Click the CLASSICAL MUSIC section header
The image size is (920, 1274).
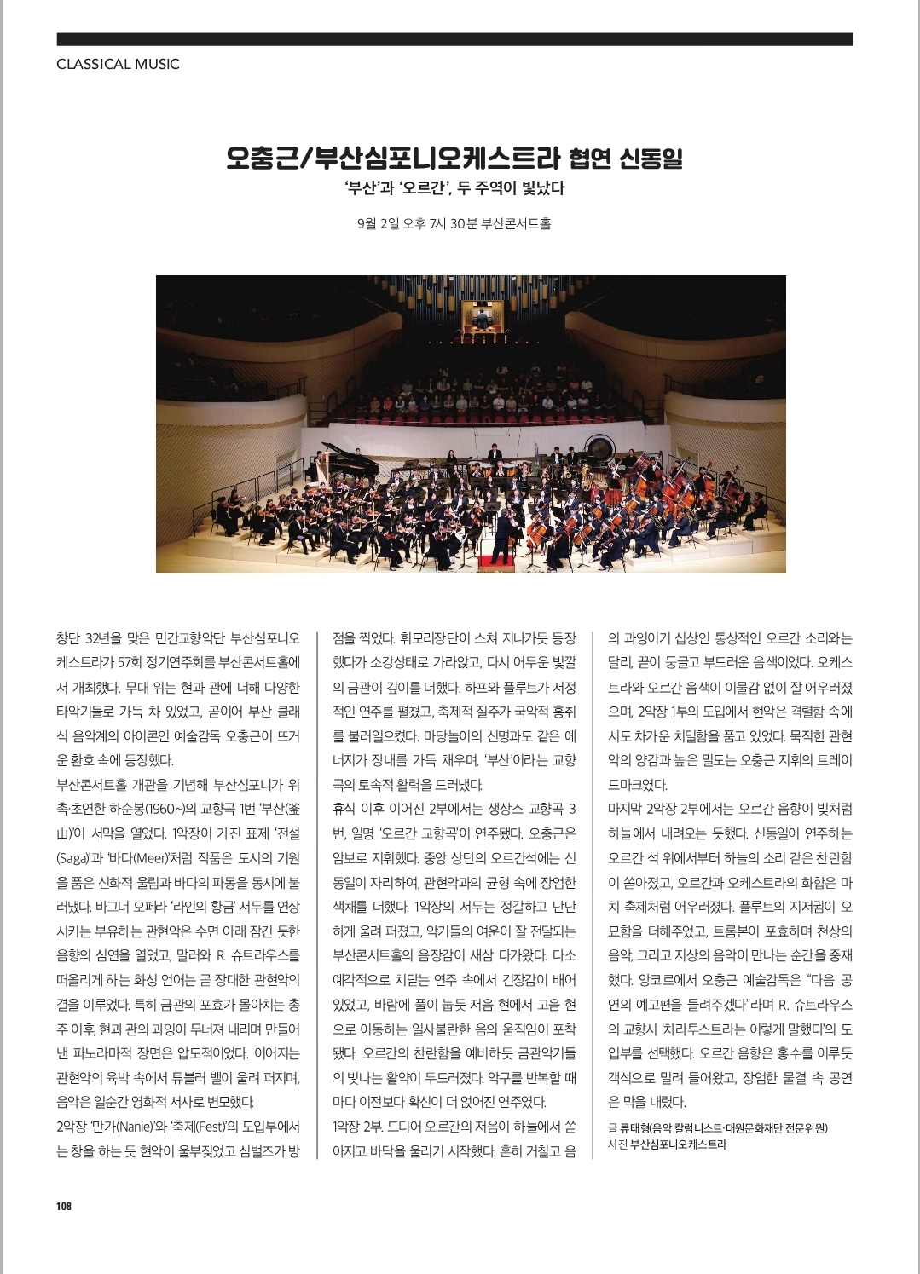click(x=118, y=64)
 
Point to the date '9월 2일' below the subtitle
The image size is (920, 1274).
click(x=378, y=224)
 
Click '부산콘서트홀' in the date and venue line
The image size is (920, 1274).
click(x=516, y=224)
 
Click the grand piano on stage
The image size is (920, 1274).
click(x=350, y=460)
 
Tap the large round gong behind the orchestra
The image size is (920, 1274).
click(x=599, y=447)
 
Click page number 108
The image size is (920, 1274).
click(x=64, y=1206)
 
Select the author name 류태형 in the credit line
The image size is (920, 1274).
click(x=634, y=1127)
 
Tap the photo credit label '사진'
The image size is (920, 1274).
click(x=617, y=1144)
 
